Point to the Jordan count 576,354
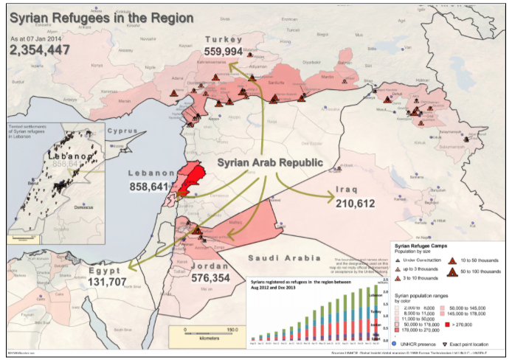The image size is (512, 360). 231,278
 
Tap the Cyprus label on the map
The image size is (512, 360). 122,131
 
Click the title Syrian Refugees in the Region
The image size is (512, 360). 102,17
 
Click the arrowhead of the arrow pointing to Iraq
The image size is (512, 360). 331,196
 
